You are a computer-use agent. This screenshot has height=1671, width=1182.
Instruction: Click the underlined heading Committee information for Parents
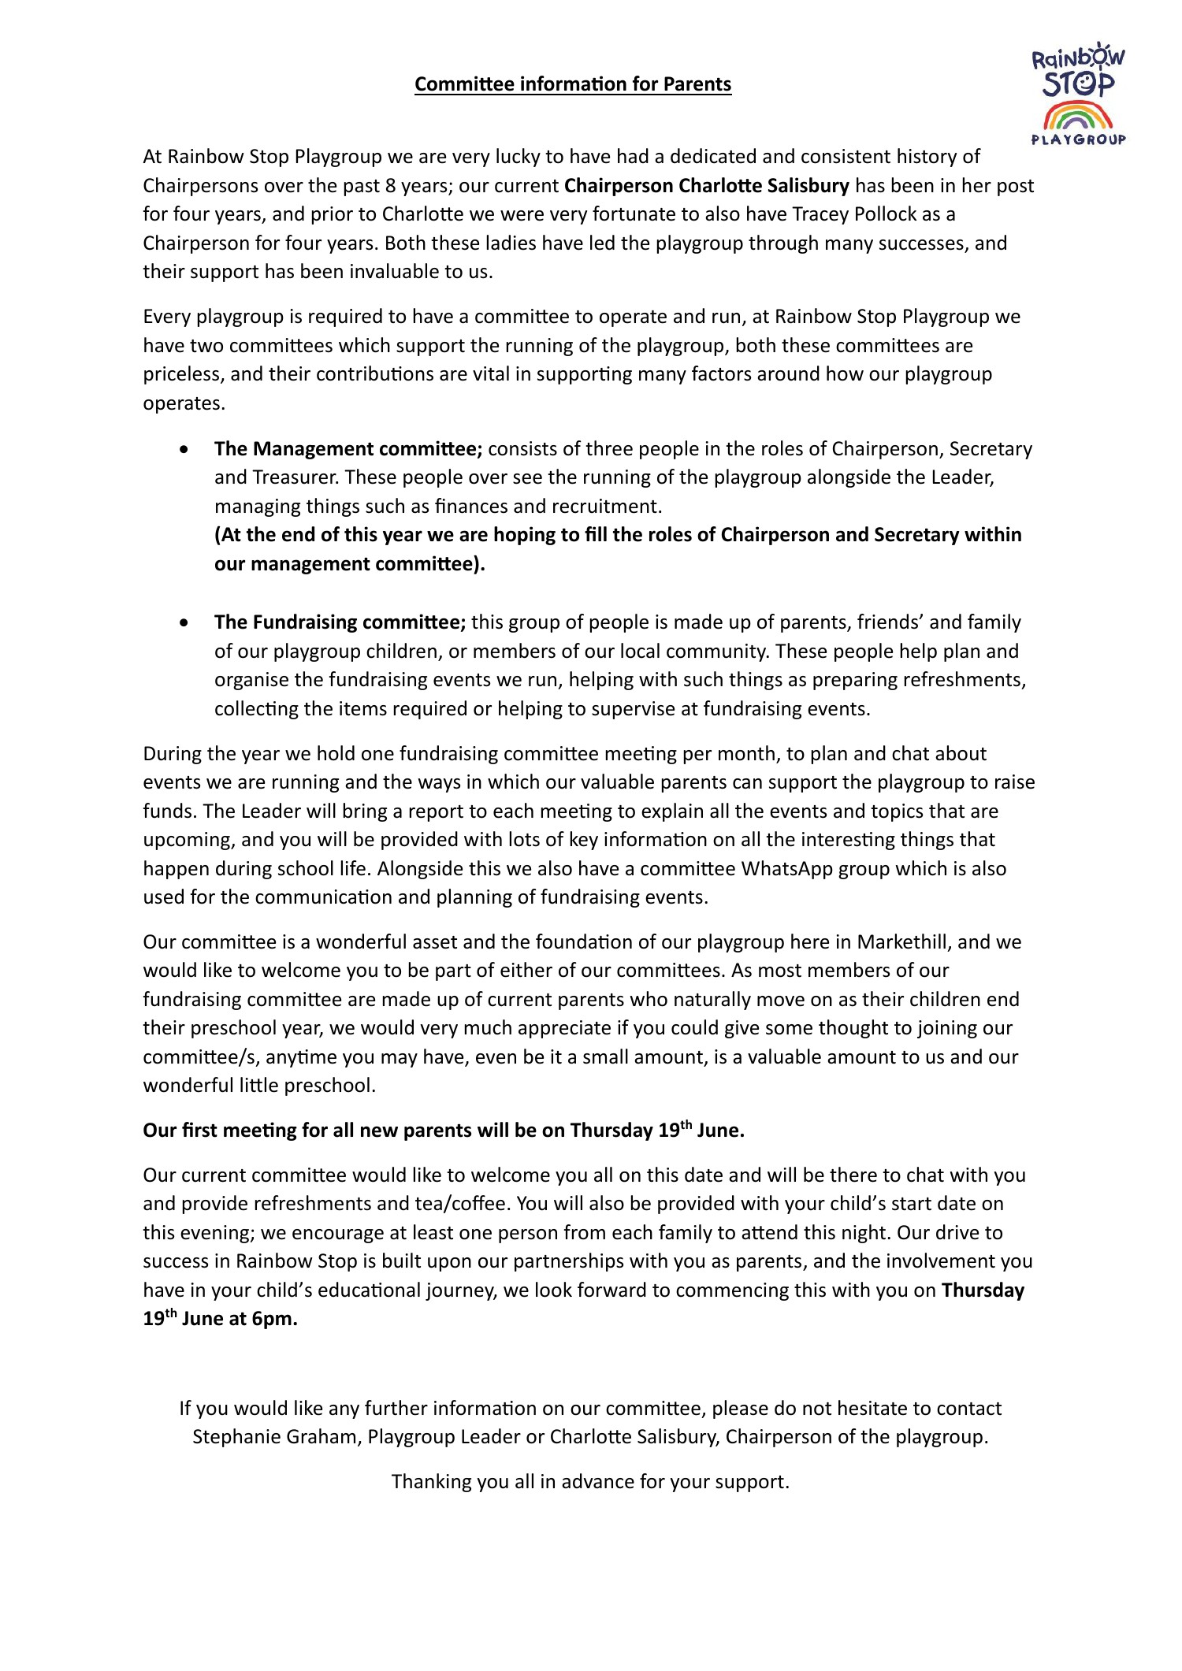pos(573,84)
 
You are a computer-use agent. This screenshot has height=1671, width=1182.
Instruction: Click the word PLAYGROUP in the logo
pos(1078,140)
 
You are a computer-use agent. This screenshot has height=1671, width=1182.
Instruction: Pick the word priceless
pos(182,374)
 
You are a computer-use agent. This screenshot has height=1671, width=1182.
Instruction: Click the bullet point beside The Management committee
pos(184,449)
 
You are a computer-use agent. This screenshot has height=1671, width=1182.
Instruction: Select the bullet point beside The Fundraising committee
pos(184,622)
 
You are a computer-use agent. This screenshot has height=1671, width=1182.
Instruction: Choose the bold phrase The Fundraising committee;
pos(340,622)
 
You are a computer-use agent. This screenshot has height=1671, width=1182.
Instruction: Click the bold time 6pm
pos(274,1320)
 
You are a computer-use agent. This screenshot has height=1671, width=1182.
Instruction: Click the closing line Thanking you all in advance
pos(590,1482)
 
